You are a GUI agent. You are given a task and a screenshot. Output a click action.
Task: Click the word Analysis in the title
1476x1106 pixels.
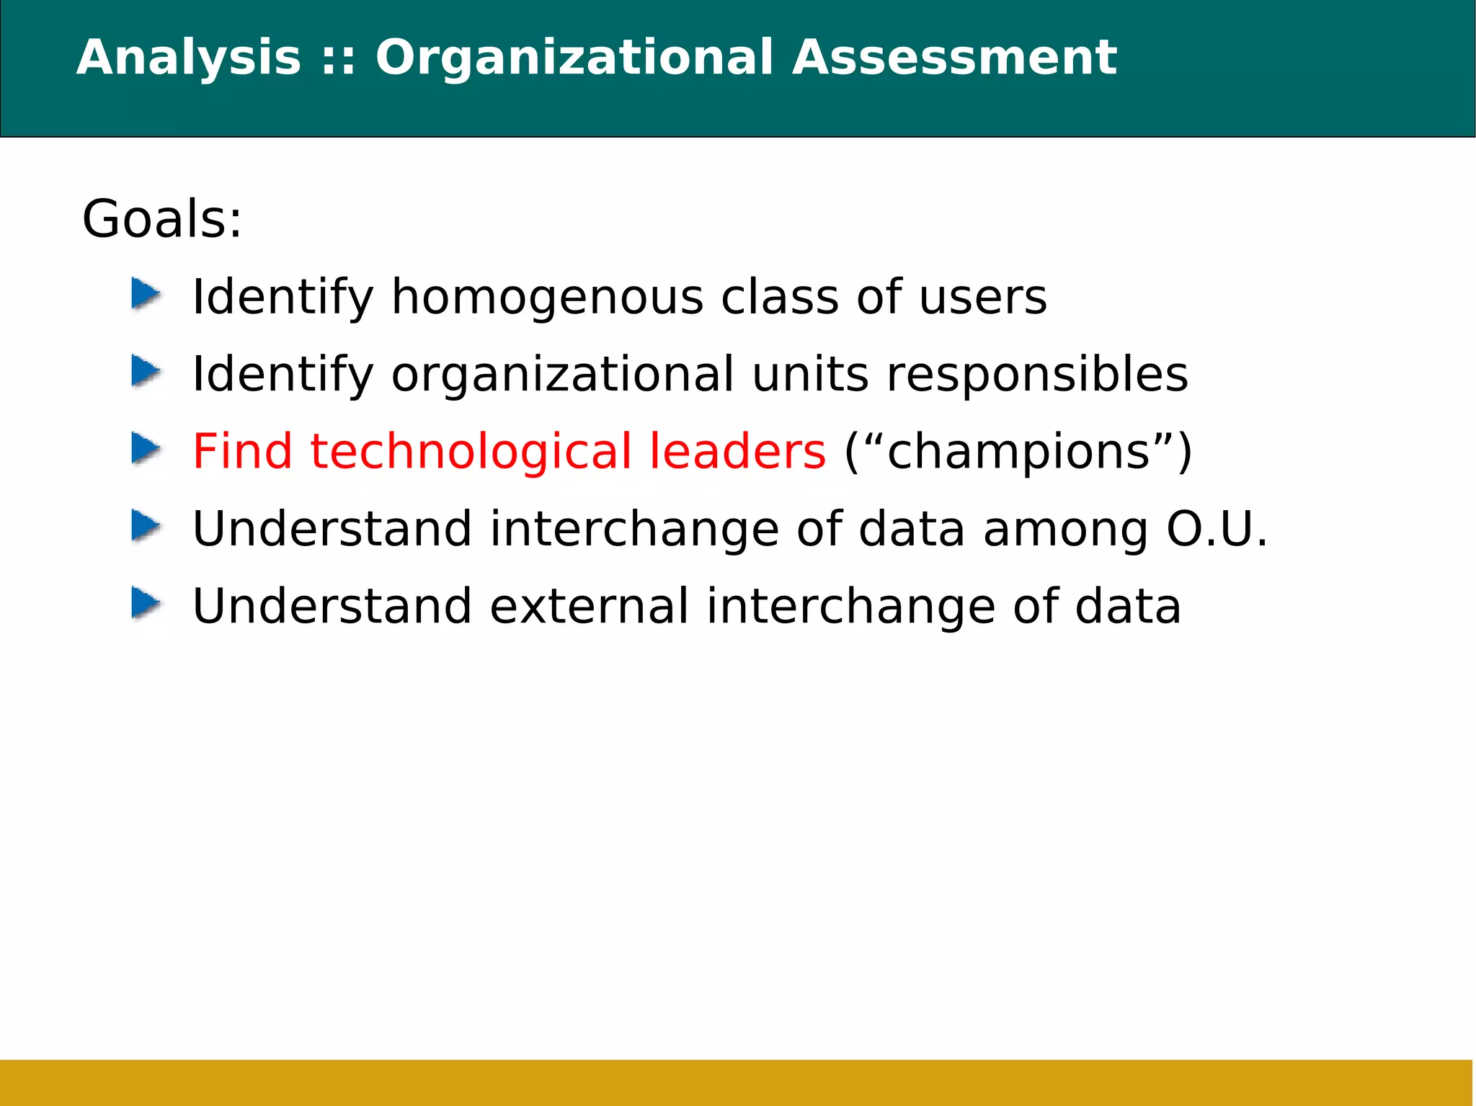click(x=188, y=58)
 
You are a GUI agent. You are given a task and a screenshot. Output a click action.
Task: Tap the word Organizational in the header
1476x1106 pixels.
click(x=574, y=58)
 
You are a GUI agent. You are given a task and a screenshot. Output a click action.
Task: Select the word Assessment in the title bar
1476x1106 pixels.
click(x=954, y=58)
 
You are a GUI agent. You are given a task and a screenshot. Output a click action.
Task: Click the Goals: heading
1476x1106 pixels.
click(x=162, y=219)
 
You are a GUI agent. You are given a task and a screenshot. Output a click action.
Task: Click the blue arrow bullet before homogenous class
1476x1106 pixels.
click(x=146, y=295)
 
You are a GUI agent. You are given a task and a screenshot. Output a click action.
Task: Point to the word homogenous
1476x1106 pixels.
click(x=547, y=298)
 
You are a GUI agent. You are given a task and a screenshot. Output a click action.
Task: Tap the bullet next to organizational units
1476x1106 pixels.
click(x=146, y=373)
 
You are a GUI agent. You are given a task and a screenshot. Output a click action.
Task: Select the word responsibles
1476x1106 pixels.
click(x=1037, y=375)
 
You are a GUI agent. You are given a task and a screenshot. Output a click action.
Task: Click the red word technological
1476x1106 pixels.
click(x=471, y=452)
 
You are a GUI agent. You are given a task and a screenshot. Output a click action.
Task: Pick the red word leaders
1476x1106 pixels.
click(x=737, y=452)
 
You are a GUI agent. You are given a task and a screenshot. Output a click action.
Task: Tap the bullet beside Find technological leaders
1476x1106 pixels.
click(x=146, y=450)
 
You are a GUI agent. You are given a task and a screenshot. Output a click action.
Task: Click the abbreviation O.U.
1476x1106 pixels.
click(x=1217, y=529)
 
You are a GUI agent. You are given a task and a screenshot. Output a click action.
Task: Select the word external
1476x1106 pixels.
click(x=589, y=606)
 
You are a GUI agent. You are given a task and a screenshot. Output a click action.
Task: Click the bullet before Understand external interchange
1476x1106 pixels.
click(x=146, y=604)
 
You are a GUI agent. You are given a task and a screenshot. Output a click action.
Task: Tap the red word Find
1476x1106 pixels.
click(x=242, y=452)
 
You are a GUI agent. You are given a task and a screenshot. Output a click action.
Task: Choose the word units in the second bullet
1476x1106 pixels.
click(x=810, y=375)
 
